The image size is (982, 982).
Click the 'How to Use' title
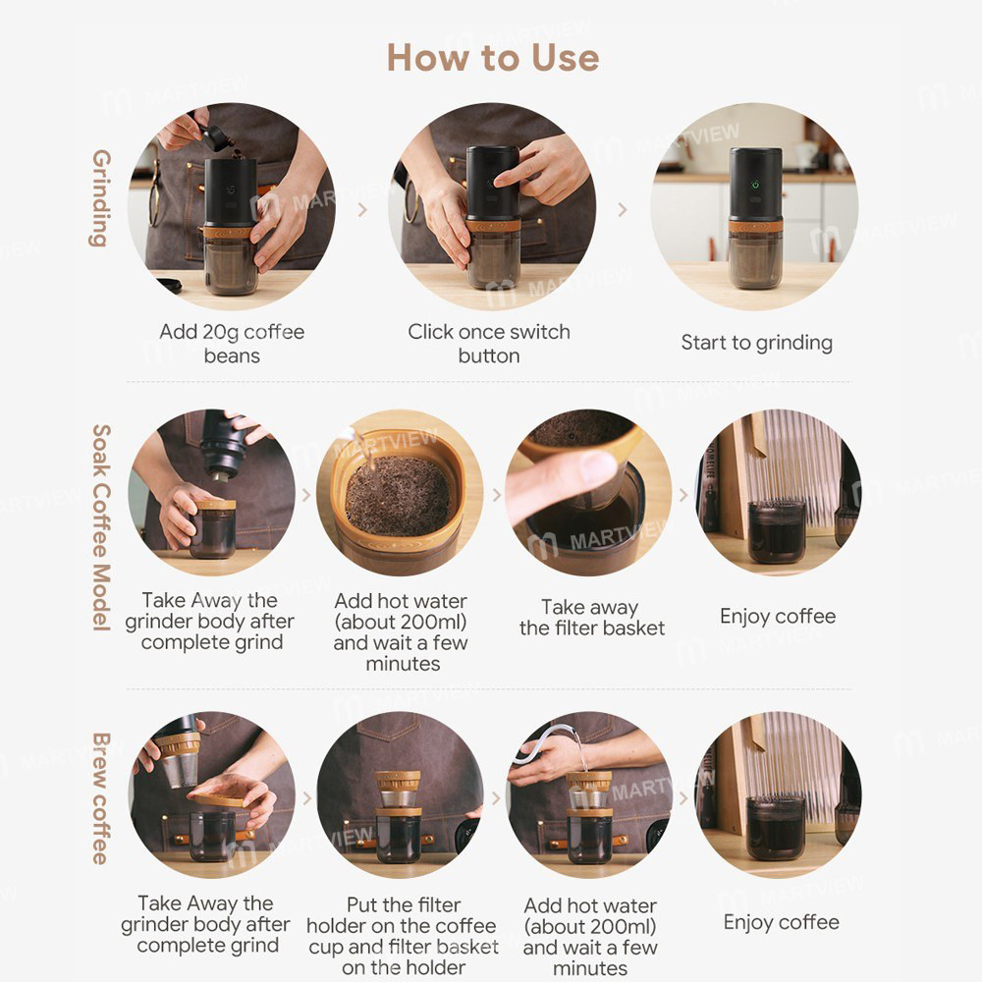coord(492,57)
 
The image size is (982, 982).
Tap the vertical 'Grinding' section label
coord(99,198)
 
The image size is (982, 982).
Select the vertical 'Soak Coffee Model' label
coord(99,527)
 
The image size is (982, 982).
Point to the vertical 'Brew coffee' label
coord(99,797)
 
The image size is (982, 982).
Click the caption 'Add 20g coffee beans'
coord(232,343)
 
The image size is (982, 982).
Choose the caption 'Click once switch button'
coord(489,343)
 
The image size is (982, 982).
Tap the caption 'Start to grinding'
coord(756,343)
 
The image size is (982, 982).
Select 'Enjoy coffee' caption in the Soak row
coord(778,617)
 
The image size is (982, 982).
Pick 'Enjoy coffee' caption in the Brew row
coord(781,922)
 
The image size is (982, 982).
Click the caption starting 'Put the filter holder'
coord(404,936)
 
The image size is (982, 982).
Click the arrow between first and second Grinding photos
coord(362,209)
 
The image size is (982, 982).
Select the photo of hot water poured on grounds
coord(400,493)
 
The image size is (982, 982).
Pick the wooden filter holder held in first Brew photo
coord(219,791)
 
